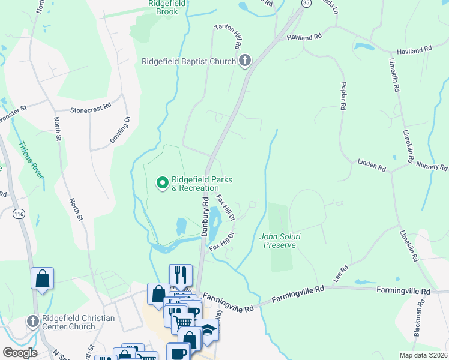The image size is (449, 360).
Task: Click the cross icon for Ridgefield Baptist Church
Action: tap(244, 60)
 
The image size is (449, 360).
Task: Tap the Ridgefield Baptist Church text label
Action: tap(188, 61)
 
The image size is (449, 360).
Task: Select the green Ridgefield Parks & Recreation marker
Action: tap(161, 183)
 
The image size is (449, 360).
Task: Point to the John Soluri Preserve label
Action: tap(277, 240)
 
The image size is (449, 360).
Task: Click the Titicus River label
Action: tap(30, 159)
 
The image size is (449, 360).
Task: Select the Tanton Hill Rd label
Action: tap(229, 37)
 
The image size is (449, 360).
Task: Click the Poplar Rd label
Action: tap(343, 95)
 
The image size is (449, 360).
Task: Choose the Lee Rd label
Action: tap(340, 275)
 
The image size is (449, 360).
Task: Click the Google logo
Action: tap(19, 352)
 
